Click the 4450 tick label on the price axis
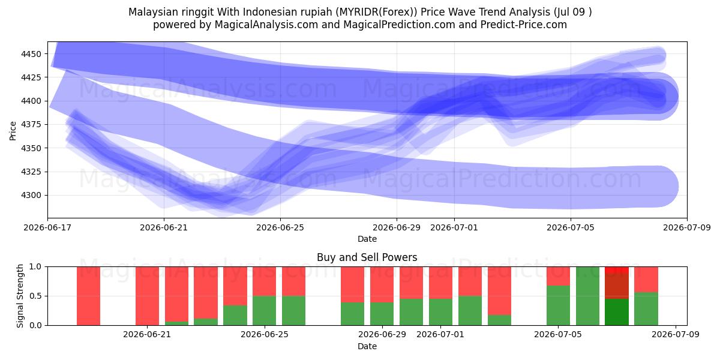click(31, 54)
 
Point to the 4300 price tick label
click(31, 196)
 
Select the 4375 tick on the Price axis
click(31, 124)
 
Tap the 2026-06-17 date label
click(47, 227)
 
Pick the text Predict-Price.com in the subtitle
click(524, 25)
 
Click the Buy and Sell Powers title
click(367, 257)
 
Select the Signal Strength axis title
click(20, 296)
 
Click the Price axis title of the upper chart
click(13, 131)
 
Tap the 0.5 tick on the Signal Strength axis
click(35, 296)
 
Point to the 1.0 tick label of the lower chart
click(35, 266)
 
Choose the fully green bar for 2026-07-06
click(587, 296)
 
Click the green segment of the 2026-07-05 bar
click(559, 305)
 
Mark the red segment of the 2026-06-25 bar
click(264, 281)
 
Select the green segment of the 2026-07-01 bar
click(440, 312)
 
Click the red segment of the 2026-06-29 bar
click(382, 284)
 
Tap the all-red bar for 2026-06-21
click(147, 296)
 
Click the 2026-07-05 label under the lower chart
click(558, 335)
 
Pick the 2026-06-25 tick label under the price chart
click(280, 227)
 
